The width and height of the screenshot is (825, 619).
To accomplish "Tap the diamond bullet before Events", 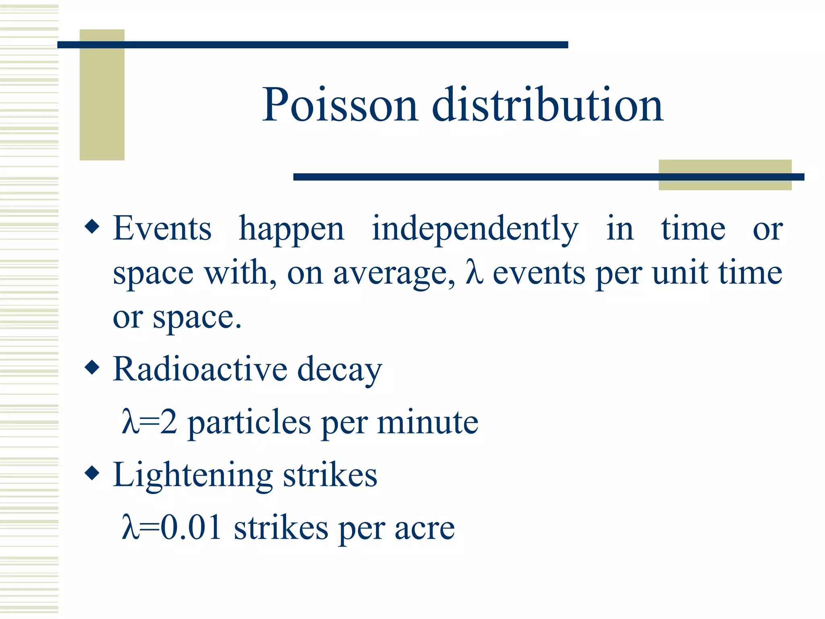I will pyautogui.click(x=92, y=226).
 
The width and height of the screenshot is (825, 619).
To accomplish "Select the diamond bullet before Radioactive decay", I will pyautogui.click(x=92, y=367).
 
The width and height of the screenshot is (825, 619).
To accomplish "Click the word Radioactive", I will pyautogui.click(x=200, y=369).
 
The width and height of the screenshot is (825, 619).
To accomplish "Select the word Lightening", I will pyautogui.click(x=193, y=476).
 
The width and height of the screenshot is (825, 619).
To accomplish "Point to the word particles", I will pyautogui.click(x=249, y=423).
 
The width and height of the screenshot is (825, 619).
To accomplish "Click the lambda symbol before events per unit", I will pyautogui.click(x=474, y=272).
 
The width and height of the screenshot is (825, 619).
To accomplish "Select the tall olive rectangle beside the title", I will pyautogui.click(x=102, y=95).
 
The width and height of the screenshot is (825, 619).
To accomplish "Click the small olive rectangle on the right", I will pyautogui.click(x=725, y=175).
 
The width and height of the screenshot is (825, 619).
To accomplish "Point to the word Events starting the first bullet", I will pyautogui.click(x=162, y=228).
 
